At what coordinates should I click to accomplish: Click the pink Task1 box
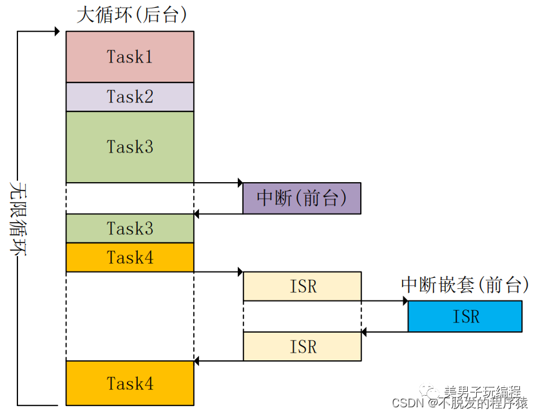click(130, 57)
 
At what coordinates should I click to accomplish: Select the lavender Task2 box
click(130, 97)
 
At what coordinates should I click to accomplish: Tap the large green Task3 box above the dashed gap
click(130, 147)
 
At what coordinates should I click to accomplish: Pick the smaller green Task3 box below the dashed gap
click(130, 228)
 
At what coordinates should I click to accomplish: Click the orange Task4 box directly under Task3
click(130, 257)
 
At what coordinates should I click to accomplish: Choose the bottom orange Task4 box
click(130, 383)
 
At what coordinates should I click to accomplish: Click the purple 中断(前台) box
click(302, 198)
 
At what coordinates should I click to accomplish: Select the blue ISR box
click(465, 316)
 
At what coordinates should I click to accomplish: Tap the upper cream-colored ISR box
click(302, 286)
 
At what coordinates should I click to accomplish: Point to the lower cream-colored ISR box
click(302, 346)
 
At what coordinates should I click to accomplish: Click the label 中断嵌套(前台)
click(465, 284)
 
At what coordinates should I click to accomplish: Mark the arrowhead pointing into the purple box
click(240, 183)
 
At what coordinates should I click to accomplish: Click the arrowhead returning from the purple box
click(197, 214)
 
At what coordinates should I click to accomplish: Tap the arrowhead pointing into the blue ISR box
click(405, 300)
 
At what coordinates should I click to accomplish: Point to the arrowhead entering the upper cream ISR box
click(240, 272)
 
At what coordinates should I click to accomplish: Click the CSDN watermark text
click(459, 403)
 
